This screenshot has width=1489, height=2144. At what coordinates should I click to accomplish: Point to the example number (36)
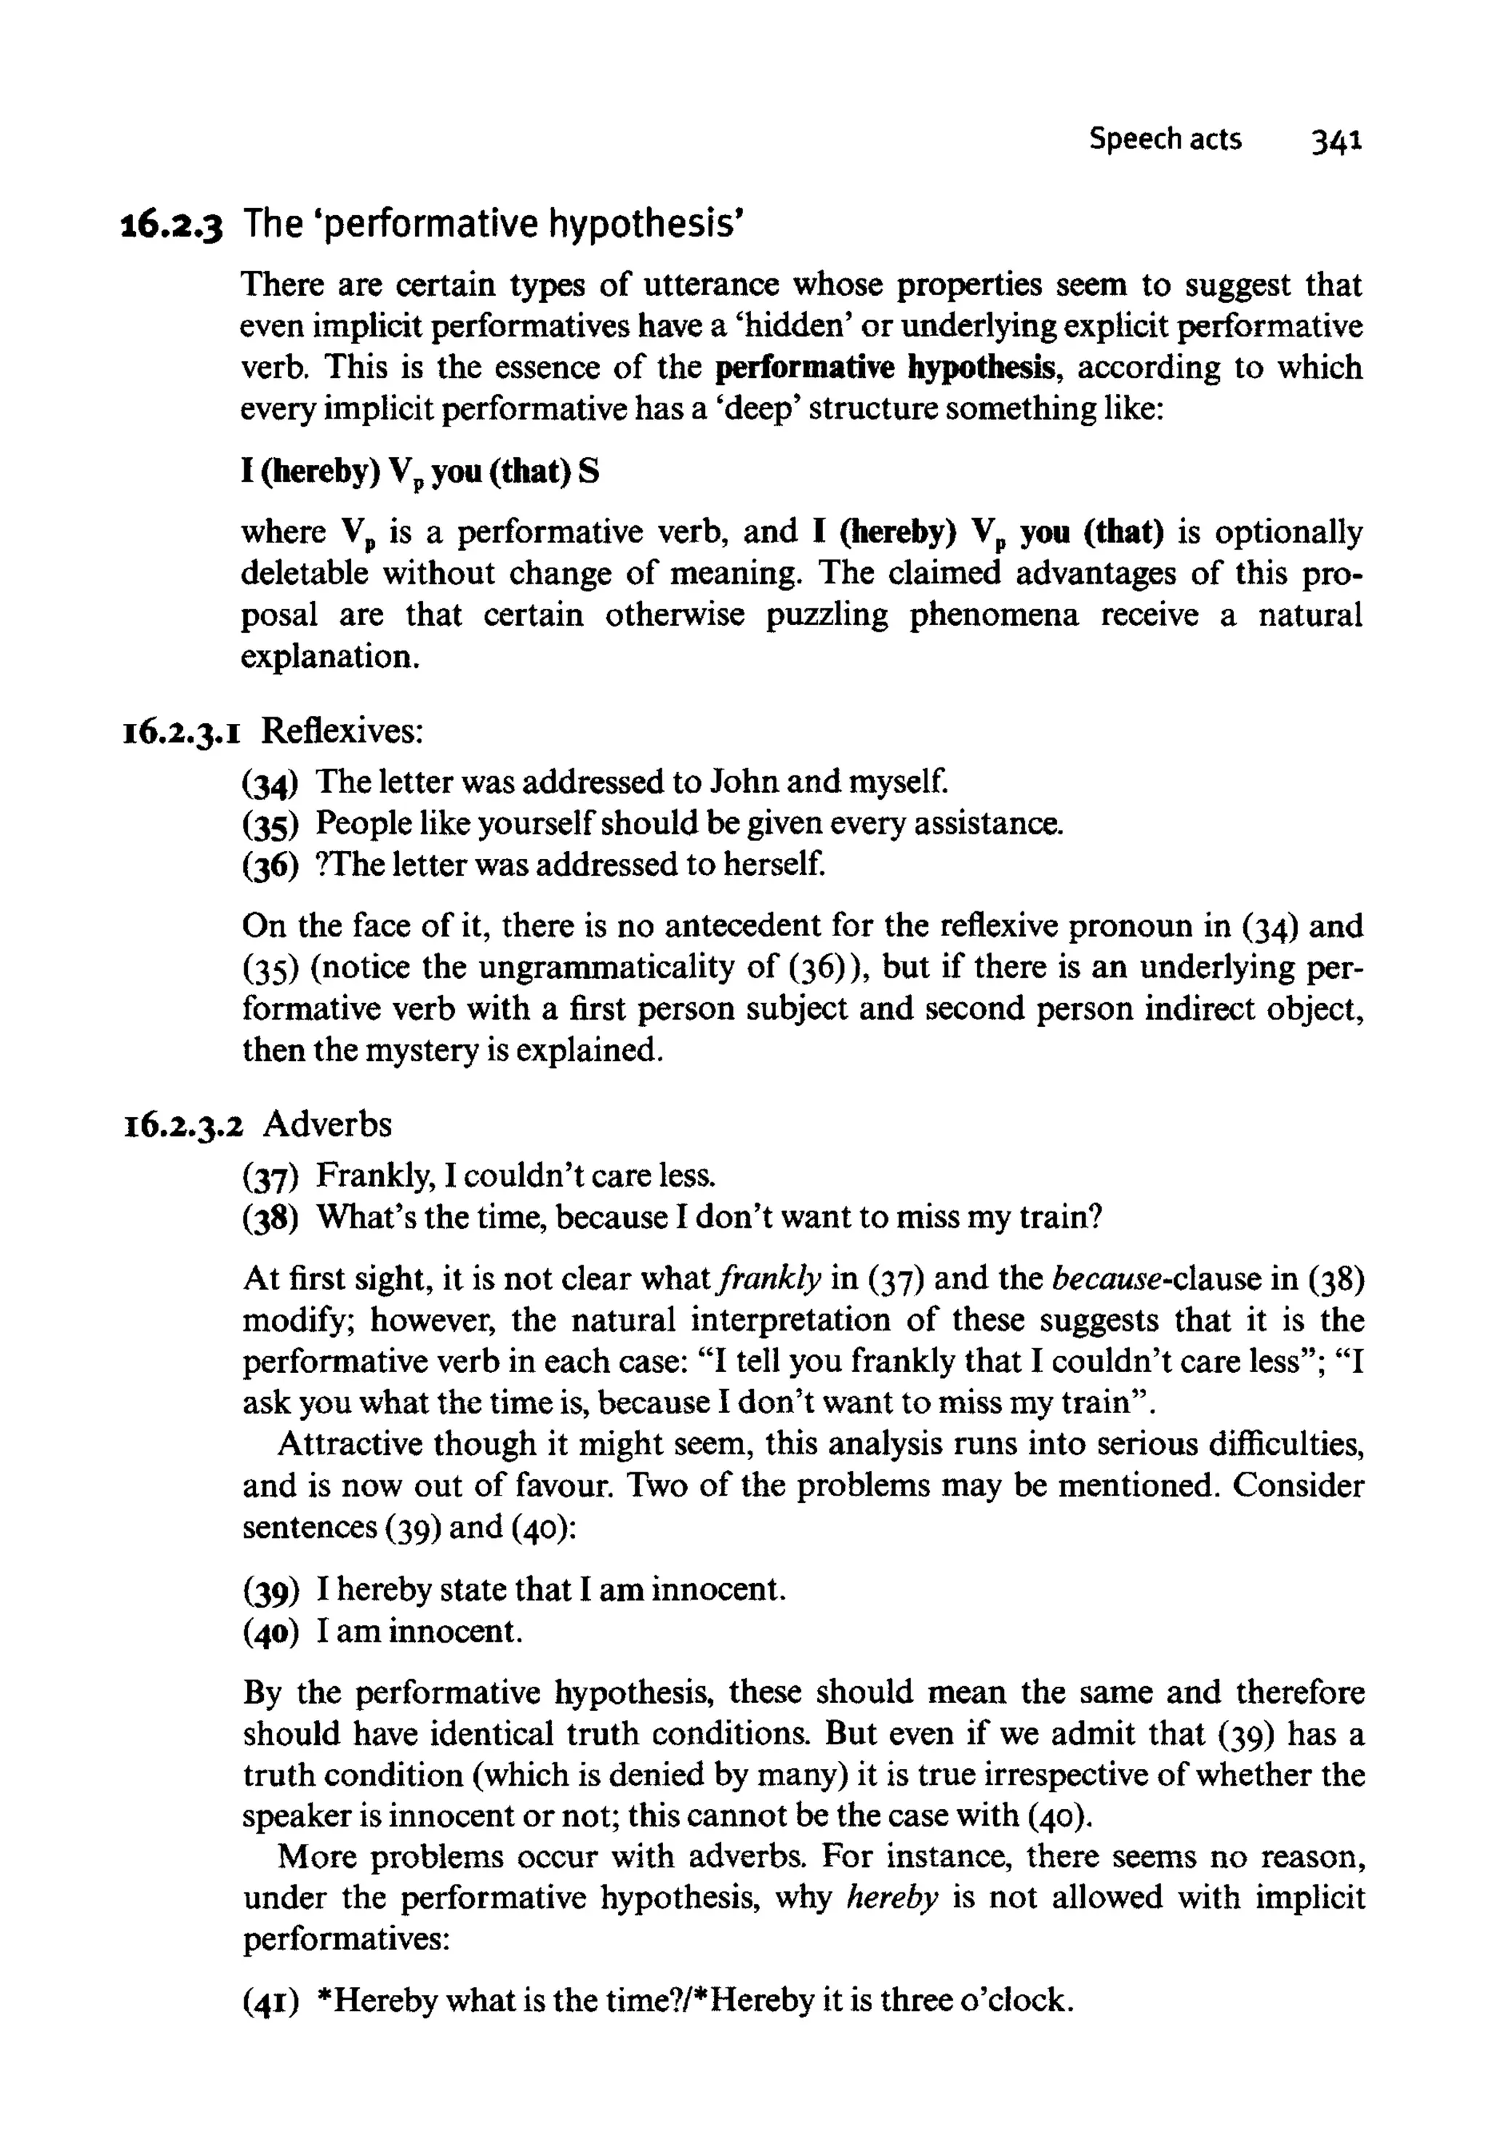[x=270, y=866]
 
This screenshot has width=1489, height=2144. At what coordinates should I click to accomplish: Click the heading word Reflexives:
[x=342, y=731]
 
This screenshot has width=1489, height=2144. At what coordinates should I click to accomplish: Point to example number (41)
[x=270, y=2002]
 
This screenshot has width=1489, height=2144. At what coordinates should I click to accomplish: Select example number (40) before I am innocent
[x=270, y=1632]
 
